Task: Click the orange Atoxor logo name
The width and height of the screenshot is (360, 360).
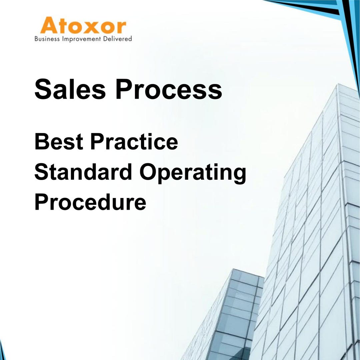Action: click(x=83, y=26)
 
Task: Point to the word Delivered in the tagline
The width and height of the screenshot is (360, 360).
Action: click(x=119, y=39)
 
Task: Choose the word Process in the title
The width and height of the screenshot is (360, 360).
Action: click(x=168, y=89)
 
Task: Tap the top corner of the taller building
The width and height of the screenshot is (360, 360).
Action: click(x=338, y=85)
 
